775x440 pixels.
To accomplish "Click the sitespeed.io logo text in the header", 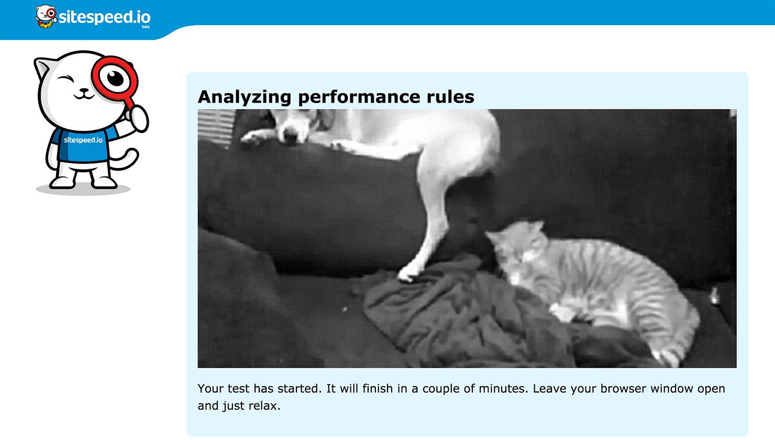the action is [x=105, y=17].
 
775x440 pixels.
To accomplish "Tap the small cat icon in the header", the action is [x=46, y=16].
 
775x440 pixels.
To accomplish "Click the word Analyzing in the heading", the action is [x=244, y=97].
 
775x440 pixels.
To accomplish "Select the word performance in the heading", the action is [x=359, y=97].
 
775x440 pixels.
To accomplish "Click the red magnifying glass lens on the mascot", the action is [x=115, y=79].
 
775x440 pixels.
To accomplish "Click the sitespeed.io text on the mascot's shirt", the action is [x=83, y=140].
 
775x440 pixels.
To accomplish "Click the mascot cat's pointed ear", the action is [x=41, y=68].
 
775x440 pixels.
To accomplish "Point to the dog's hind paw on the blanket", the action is [x=408, y=273].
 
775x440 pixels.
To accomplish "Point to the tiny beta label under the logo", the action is [x=146, y=27].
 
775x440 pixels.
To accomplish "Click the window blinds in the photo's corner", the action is [x=216, y=127].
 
